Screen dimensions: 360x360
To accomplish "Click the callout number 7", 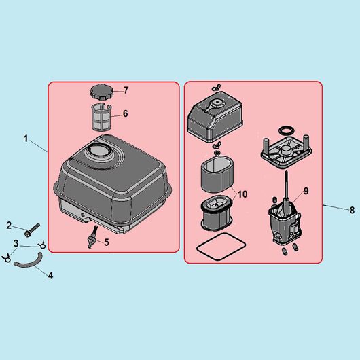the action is pyautogui.click(x=126, y=90).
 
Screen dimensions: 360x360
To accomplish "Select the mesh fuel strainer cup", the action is pyautogui.click(x=101, y=118).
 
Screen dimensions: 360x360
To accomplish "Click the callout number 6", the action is pyautogui.click(x=126, y=113).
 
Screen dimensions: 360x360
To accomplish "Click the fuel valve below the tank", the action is pyautogui.click(x=92, y=237).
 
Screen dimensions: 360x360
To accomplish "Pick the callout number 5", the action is pyautogui.click(x=107, y=242).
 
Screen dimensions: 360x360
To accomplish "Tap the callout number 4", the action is pyautogui.click(x=50, y=276).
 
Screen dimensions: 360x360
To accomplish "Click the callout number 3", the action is pyautogui.click(x=16, y=243).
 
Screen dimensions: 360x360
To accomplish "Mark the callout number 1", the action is pyautogui.click(x=26, y=139).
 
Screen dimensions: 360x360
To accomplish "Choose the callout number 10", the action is pyautogui.click(x=242, y=194).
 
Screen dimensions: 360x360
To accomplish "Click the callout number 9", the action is pyautogui.click(x=306, y=191).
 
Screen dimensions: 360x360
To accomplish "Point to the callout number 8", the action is pyautogui.click(x=353, y=210).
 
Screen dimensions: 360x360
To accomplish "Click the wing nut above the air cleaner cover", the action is pyautogui.click(x=216, y=87).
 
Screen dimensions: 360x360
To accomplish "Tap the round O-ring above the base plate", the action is pyautogui.click(x=286, y=131).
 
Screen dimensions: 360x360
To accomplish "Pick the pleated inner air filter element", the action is pyautogui.click(x=217, y=213).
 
